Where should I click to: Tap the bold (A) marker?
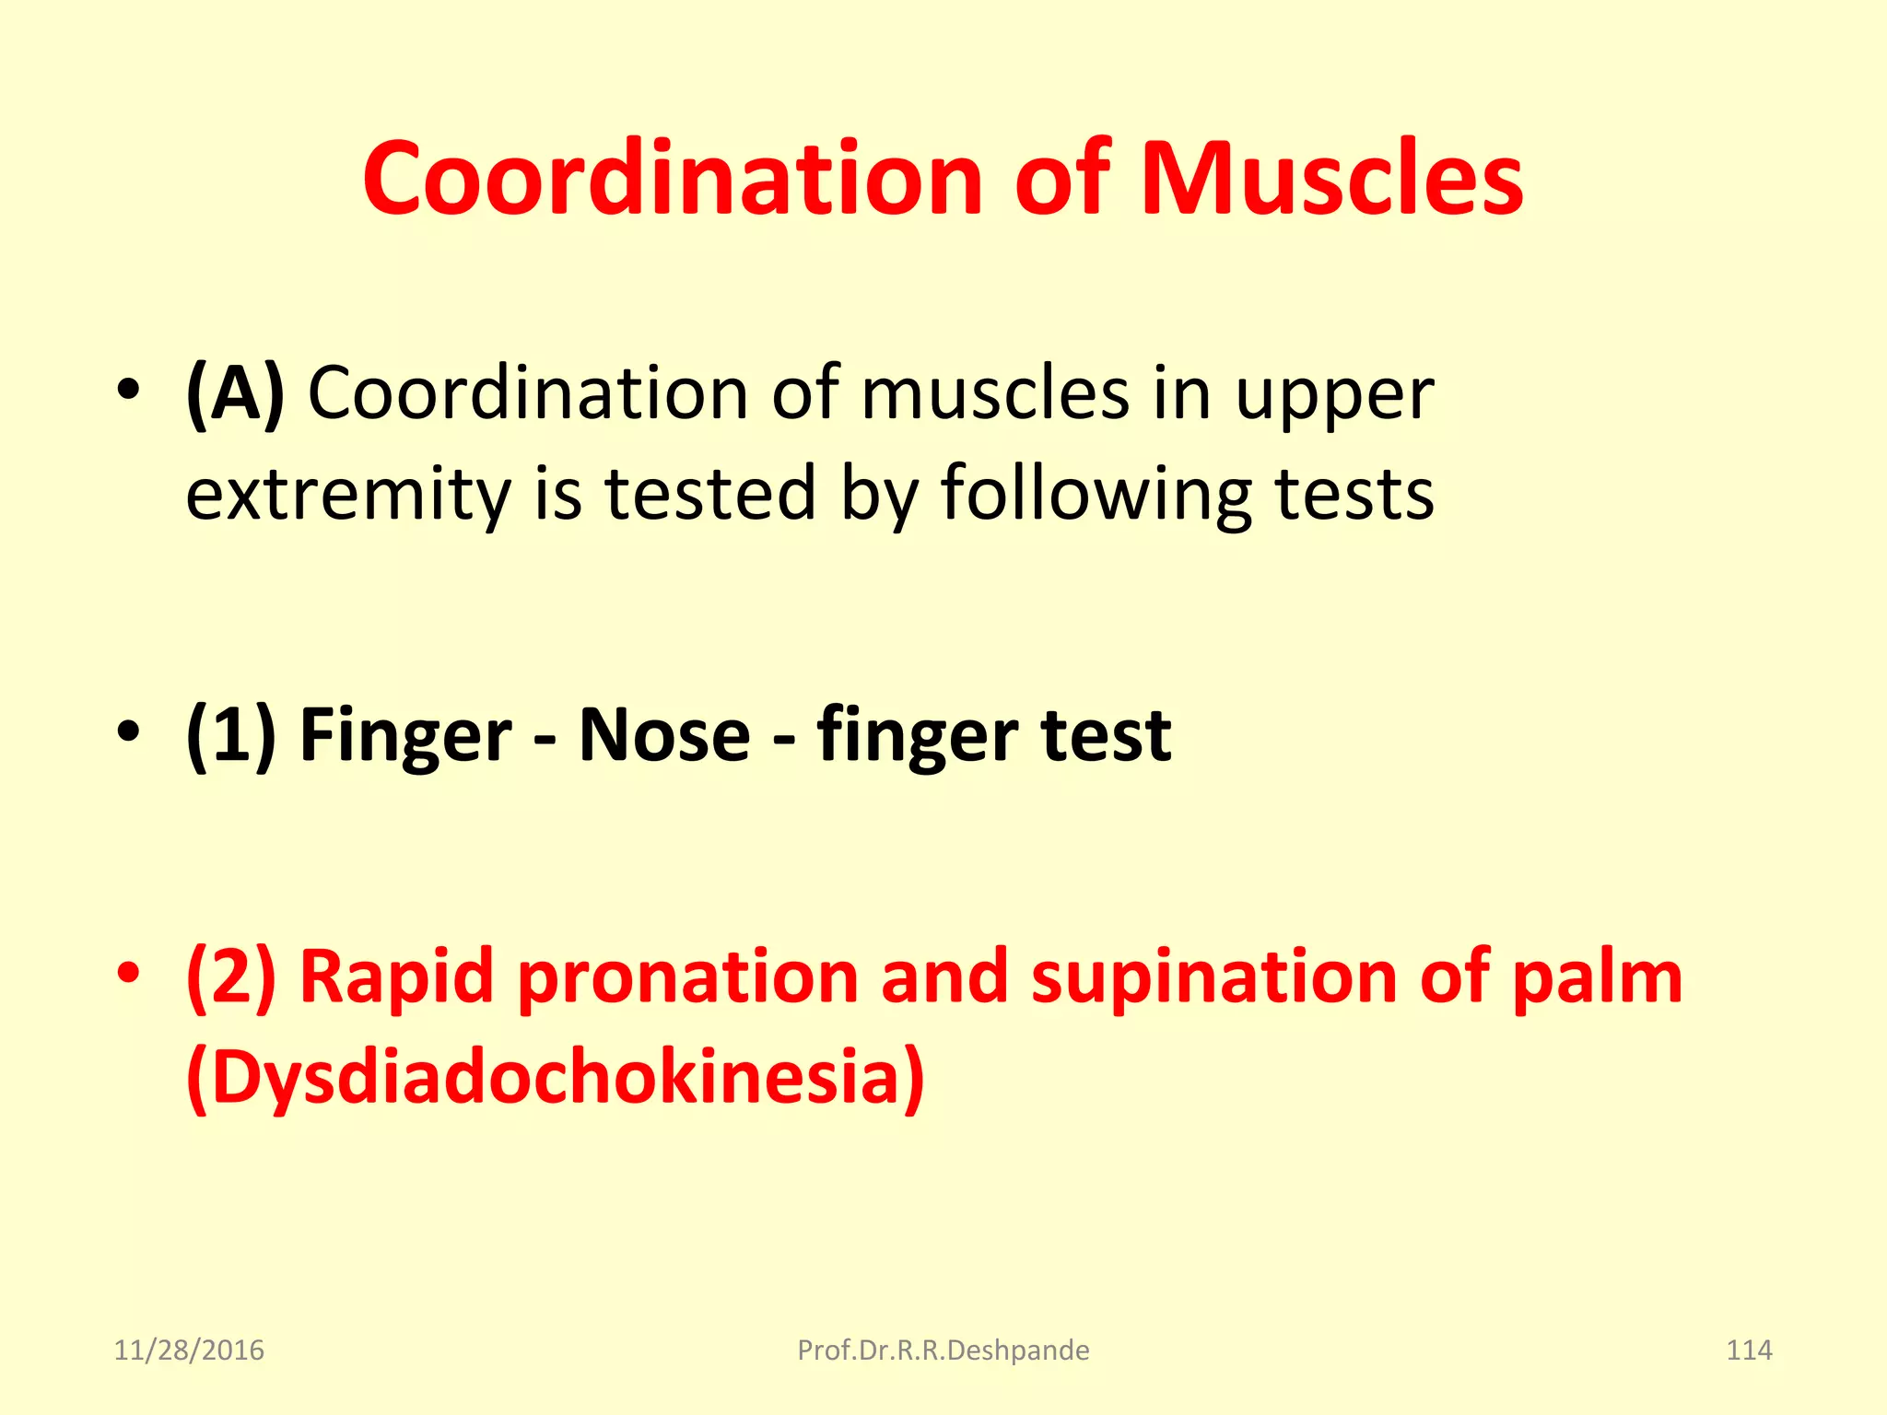pos(235,394)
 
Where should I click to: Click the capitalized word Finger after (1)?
pos(405,737)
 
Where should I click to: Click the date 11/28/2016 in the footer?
pos(189,1350)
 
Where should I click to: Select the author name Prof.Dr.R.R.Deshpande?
pos(943,1350)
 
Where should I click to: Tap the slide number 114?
pos(1748,1350)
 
